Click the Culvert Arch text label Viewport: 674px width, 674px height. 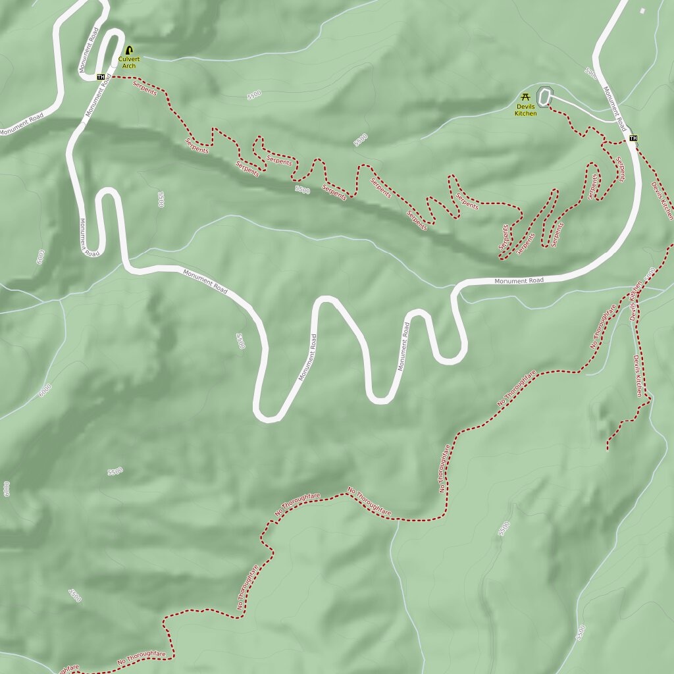(129, 62)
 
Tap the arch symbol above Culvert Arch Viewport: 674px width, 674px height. (129, 50)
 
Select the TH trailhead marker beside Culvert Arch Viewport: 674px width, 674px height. (101, 77)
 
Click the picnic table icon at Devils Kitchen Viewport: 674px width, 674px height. (525, 97)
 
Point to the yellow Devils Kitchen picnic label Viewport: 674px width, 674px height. (526, 110)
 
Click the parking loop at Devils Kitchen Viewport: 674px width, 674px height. (544, 97)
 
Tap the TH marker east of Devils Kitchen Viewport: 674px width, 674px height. (633, 138)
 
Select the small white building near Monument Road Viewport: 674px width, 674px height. (642, 10)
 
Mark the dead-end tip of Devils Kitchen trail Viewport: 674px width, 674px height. (608, 450)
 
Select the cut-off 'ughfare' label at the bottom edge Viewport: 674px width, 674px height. (68, 669)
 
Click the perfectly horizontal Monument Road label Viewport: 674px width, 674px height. (520, 281)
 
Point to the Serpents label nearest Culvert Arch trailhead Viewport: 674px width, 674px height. (145, 88)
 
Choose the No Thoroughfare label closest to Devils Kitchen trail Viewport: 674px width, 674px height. (603, 326)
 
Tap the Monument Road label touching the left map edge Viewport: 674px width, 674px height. (21, 124)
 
